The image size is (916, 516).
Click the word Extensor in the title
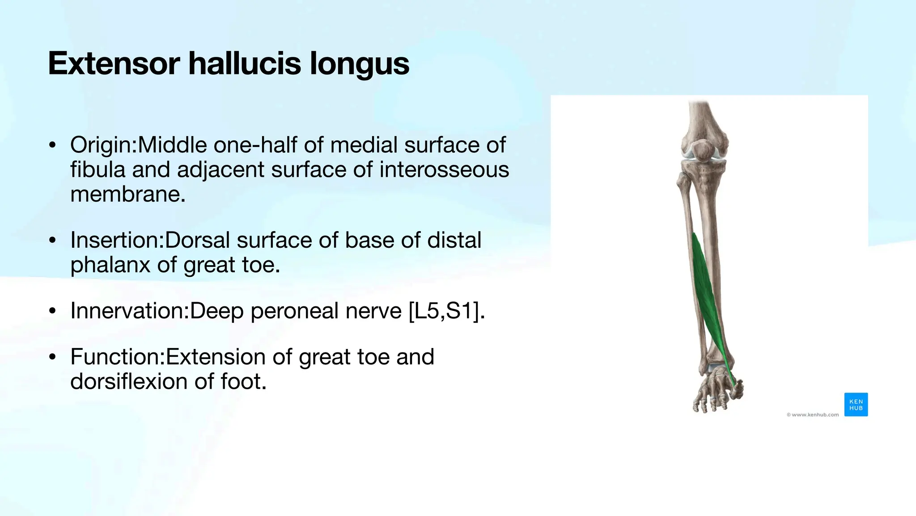click(x=114, y=63)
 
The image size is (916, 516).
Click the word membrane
click(x=127, y=194)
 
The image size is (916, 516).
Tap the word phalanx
click(x=110, y=265)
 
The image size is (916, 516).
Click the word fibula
click(x=97, y=170)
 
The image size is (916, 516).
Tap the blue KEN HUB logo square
click(x=856, y=404)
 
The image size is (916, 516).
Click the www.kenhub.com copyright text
click(x=812, y=415)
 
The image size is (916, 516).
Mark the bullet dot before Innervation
click(x=53, y=311)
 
